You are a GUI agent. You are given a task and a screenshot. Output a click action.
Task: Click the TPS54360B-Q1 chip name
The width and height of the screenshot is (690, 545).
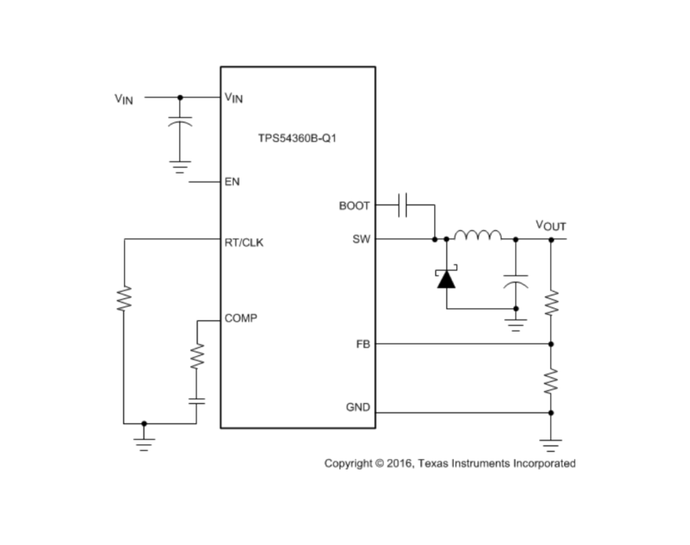click(x=297, y=139)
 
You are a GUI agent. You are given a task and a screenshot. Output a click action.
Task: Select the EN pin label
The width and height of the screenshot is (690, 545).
click(x=232, y=182)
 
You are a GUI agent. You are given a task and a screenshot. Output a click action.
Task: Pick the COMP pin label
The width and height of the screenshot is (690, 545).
click(x=241, y=319)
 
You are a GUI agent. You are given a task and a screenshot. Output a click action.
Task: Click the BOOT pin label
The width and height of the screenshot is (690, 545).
click(x=354, y=206)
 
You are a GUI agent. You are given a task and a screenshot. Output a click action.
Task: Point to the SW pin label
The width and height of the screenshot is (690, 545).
click(x=361, y=239)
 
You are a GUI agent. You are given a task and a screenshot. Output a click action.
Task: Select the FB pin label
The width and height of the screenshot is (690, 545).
click(x=363, y=344)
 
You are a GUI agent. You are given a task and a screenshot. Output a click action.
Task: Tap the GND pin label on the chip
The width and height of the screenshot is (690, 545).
click(x=358, y=406)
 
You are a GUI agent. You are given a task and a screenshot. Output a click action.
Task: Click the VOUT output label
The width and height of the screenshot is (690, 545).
click(x=550, y=225)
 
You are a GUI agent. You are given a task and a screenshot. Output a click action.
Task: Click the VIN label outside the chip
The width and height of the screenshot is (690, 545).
click(x=123, y=99)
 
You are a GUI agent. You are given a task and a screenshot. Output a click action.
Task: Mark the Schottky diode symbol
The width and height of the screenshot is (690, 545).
click(x=446, y=279)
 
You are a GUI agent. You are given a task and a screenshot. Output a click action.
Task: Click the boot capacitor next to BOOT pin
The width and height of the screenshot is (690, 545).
click(x=403, y=206)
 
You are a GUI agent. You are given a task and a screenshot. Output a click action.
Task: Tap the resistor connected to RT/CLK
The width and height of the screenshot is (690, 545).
click(x=123, y=298)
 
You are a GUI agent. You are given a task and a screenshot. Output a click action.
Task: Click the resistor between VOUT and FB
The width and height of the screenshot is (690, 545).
click(x=551, y=303)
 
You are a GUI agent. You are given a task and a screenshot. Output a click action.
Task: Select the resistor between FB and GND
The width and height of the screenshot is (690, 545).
click(x=551, y=380)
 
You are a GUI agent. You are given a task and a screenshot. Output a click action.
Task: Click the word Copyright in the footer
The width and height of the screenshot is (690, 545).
click(x=347, y=463)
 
